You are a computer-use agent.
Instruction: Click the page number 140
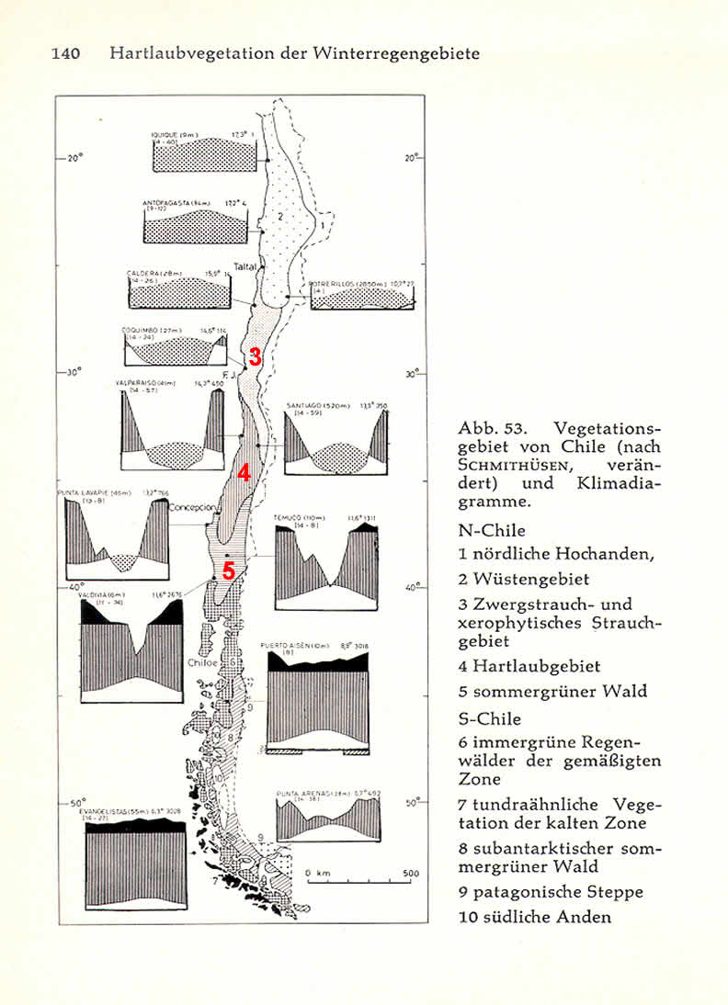[x=65, y=53]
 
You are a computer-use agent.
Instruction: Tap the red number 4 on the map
[x=244, y=473]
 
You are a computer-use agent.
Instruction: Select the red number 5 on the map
[x=229, y=571]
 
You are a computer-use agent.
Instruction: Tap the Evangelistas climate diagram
[x=135, y=864]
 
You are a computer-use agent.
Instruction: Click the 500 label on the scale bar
[x=410, y=874]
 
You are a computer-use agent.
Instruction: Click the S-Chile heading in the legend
[x=489, y=718]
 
